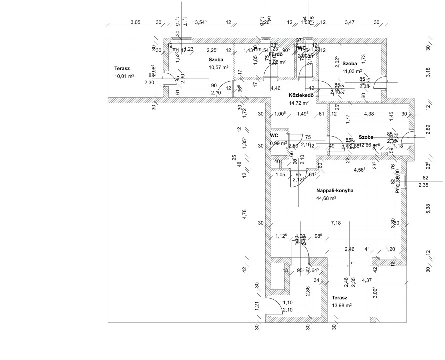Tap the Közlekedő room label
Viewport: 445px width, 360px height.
coord(301,95)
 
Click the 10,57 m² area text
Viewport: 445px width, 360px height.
coord(218,67)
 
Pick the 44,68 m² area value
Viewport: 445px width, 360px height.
coord(326,198)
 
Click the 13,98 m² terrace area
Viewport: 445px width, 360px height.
coord(342,305)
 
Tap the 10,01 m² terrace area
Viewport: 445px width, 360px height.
coord(124,76)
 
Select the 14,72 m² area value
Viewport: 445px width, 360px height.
coord(298,103)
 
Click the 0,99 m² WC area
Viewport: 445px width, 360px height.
coord(278,143)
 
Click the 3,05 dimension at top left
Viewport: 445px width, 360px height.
coord(135,22)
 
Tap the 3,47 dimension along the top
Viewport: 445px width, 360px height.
coord(350,22)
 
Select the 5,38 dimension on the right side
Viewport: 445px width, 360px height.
coord(428,206)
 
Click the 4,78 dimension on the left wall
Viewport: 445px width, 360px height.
coord(245,215)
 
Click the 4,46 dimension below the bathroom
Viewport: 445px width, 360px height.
coord(275,88)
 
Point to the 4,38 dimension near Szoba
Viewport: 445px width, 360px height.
coord(369,114)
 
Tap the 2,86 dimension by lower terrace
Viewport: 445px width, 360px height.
coord(308,292)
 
